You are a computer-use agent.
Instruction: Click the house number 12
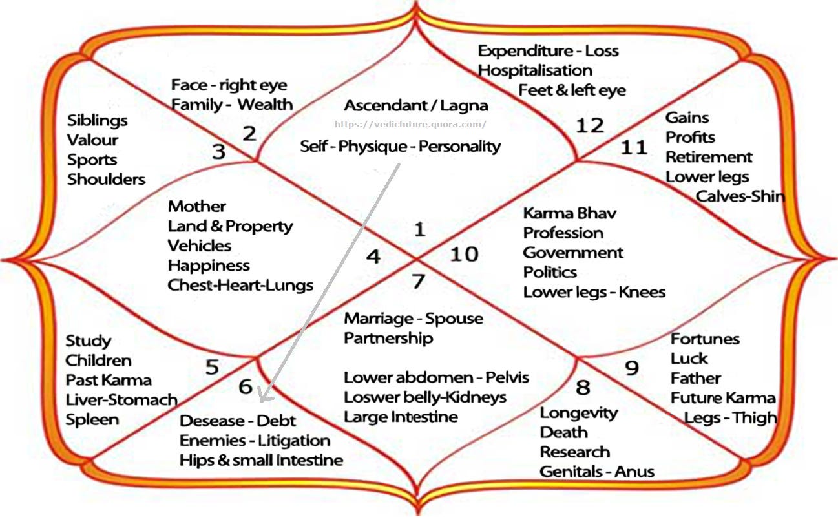point(589,125)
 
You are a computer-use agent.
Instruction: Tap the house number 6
point(246,386)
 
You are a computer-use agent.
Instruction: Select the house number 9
point(632,368)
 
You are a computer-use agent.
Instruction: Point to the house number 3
point(219,152)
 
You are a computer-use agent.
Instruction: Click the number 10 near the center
point(464,254)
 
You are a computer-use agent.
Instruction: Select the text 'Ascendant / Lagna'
point(416,105)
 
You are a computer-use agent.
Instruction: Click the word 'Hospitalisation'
point(535,70)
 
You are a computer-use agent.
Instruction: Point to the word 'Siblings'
point(98,120)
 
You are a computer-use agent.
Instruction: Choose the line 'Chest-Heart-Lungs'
point(240,285)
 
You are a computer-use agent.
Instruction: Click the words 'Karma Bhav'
point(569,213)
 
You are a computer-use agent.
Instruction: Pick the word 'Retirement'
point(709,157)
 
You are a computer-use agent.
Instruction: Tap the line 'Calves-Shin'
point(740,196)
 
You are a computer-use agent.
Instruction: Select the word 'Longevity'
point(579,412)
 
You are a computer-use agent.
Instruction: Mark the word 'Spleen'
point(92,419)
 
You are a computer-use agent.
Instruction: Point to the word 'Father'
point(695,378)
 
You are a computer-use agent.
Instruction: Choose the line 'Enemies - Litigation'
point(255,441)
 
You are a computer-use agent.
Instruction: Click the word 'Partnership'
point(388,338)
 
